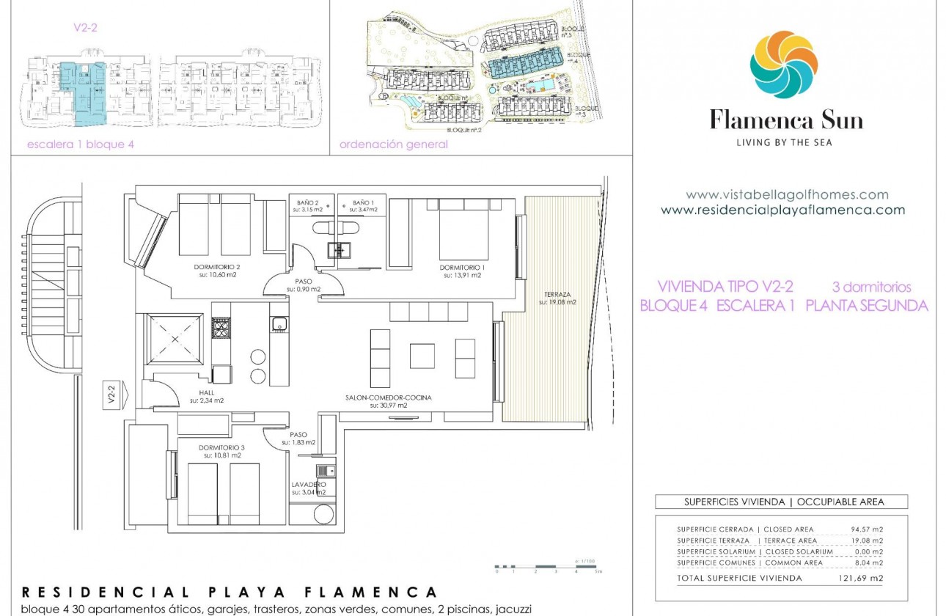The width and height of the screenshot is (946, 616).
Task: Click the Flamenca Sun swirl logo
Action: coord(783,65)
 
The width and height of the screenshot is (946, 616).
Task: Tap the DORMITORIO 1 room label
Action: coord(461,268)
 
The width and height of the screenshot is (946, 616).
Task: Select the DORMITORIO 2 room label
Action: coord(218,267)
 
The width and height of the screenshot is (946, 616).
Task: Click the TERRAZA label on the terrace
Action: coord(558,294)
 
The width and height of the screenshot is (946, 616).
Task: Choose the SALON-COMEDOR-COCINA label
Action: coord(389,397)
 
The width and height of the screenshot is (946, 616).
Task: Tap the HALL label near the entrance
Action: coord(206,392)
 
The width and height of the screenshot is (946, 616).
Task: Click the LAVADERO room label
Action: coord(308,485)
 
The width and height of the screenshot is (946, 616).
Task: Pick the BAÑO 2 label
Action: coord(308,202)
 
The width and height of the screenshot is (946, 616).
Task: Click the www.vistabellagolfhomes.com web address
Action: coord(787,195)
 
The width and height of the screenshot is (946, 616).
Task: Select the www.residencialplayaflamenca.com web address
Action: coord(782,210)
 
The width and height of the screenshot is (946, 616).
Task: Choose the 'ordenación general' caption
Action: coord(393,144)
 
